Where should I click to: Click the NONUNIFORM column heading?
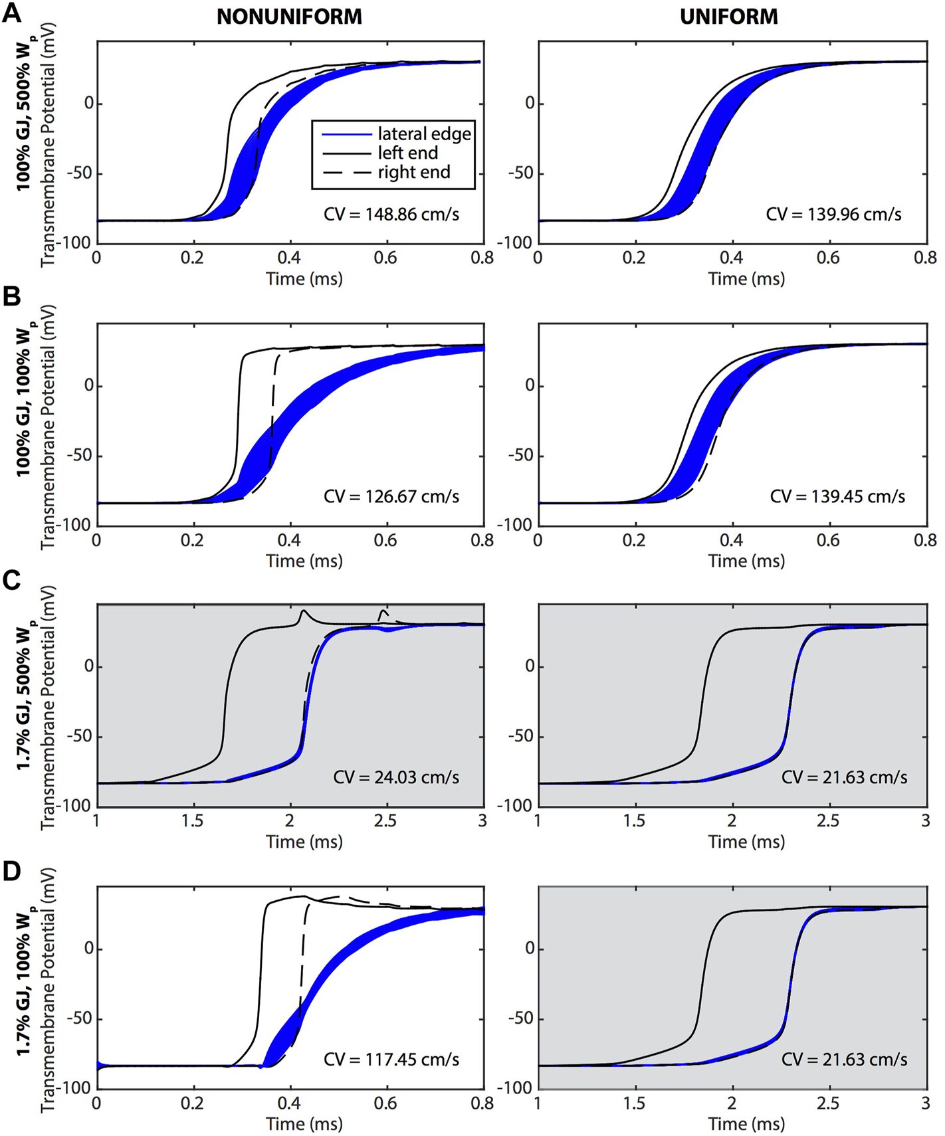pos(289,16)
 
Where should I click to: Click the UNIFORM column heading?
pos(728,16)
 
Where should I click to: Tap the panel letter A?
pos(12,13)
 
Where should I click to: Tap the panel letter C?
pos(12,580)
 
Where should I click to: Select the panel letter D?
pos(12,871)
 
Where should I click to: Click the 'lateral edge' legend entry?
pos(424,134)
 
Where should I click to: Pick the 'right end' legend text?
pos(414,173)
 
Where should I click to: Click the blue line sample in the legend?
pos(346,134)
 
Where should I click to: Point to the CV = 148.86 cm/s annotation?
pos(391,214)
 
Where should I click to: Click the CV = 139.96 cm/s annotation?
pos(833,214)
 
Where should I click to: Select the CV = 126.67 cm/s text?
pos(391,496)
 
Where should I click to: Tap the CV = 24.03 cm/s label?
pos(396,777)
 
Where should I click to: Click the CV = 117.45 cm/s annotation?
pos(391,1059)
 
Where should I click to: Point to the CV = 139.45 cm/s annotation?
pos(837,496)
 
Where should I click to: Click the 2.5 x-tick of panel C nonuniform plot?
pos(385,821)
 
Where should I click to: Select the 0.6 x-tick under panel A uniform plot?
pos(828,258)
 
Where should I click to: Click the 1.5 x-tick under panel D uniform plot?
pos(634,1103)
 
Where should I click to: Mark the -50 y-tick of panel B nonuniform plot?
pos(79,456)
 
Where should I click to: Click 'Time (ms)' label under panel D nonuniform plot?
pos(304,1124)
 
